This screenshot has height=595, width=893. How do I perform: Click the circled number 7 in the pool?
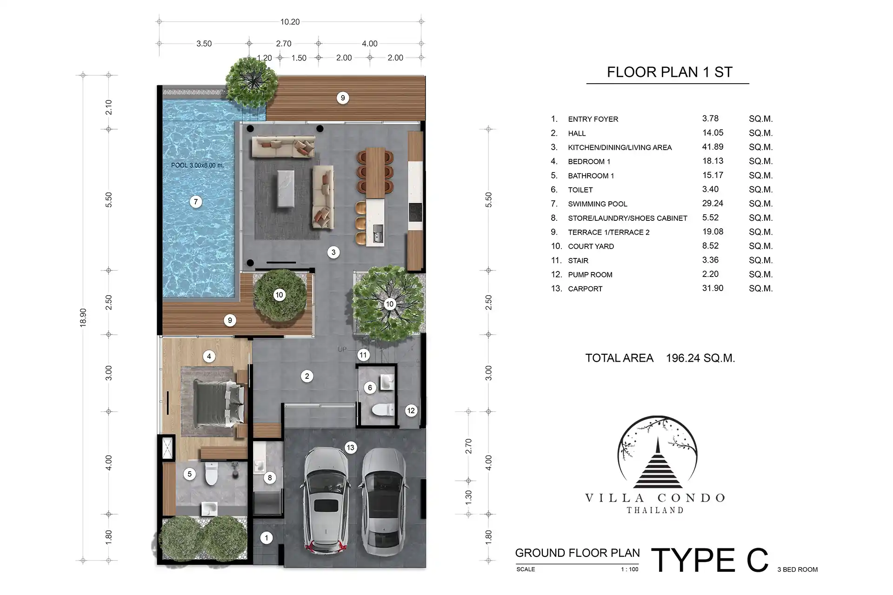[x=196, y=202]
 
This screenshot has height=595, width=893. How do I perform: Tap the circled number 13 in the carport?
[x=350, y=448]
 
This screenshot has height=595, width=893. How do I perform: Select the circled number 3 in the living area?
[x=333, y=252]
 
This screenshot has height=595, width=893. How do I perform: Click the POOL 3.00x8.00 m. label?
[x=197, y=165]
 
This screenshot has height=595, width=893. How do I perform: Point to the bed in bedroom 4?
[x=214, y=402]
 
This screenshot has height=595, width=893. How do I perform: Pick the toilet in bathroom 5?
[x=211, y=474]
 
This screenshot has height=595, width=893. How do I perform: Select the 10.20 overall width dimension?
[x=290, y=22]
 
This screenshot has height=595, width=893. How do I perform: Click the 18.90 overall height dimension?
[x=83, y=317]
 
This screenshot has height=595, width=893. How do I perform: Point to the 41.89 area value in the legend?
[x=713, y=147]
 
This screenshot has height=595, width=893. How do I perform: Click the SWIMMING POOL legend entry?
[x=598, y=204]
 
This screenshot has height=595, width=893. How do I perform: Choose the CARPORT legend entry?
[x=585, y=289]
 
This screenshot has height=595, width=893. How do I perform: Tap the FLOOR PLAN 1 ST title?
[x=670, y=72]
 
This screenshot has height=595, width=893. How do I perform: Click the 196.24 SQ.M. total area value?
[x=700, y=358]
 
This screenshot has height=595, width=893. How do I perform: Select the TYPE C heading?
[x=710, y=560]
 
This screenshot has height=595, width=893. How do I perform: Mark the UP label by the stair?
[x=342, y=349]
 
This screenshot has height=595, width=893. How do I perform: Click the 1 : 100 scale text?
[x=630, y=569]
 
